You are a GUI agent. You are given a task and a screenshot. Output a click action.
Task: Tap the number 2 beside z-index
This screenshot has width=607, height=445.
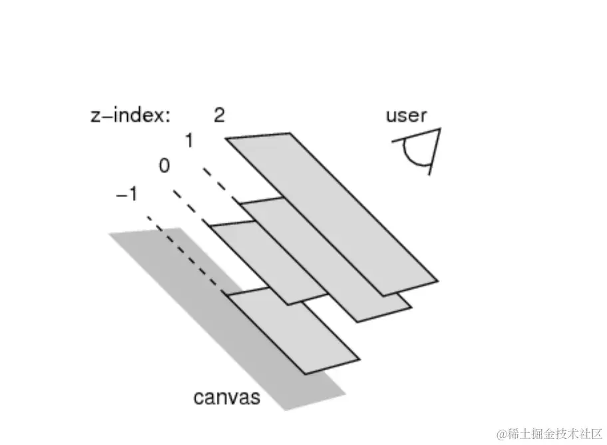pyautogui.click(x=219, y=115)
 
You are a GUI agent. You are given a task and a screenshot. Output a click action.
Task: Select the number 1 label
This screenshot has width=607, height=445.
pyautogui.click(x=189, y=141)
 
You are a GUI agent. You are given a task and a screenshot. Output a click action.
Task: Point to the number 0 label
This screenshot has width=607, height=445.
pyautogui.click(x=164, y=166)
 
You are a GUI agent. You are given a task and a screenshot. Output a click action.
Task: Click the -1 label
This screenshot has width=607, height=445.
pyautogui.click(x=126, y=195)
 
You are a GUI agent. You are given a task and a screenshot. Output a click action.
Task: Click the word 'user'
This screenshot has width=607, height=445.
pyautogui.click(x=405, y=115)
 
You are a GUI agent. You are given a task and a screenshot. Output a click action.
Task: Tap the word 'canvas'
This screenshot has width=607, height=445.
pyautogui.click(x=226, y=398)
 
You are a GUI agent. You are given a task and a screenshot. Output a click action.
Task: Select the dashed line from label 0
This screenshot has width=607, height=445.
pyautogui.click(x=191, y=208)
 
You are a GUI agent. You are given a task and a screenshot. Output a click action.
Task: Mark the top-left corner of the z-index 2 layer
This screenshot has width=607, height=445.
pyautogui.click(x=226, y=139)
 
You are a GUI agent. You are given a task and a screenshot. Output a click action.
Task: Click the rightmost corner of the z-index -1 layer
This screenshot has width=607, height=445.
pyautogui.click(x=359, y=358)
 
